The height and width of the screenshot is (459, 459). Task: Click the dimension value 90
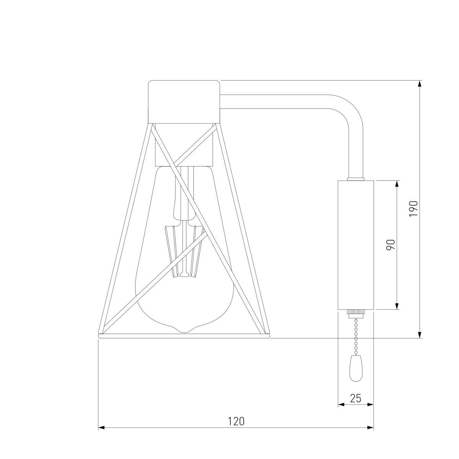click(391, 245)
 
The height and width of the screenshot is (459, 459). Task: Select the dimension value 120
click(236, 421)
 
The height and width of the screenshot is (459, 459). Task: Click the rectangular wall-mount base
click(356, 245)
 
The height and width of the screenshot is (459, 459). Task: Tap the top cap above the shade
click(184, 102)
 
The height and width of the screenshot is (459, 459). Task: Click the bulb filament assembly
click(185, 251)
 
